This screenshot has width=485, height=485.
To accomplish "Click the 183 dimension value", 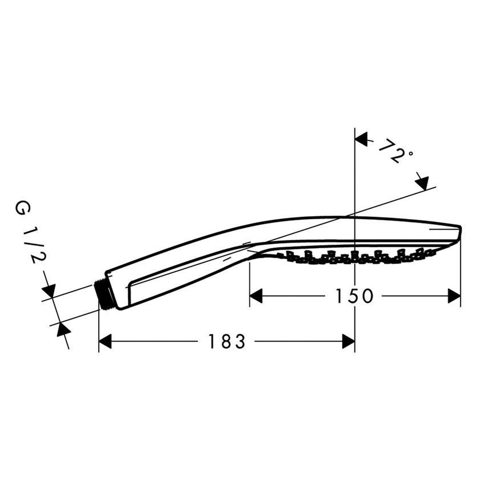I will pos(227,342).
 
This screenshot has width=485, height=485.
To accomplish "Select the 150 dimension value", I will pos(354,296).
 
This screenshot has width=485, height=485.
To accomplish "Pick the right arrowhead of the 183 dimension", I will pos(347,342).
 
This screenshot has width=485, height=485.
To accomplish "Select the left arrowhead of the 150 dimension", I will pos(257,296).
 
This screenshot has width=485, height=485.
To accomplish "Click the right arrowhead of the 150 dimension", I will pos(454,296).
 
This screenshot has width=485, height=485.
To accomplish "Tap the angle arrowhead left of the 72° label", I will pos(362,139).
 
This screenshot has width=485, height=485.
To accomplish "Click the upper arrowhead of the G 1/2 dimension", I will pos(48,291).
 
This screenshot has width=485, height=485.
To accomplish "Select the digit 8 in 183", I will pos(227,342).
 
